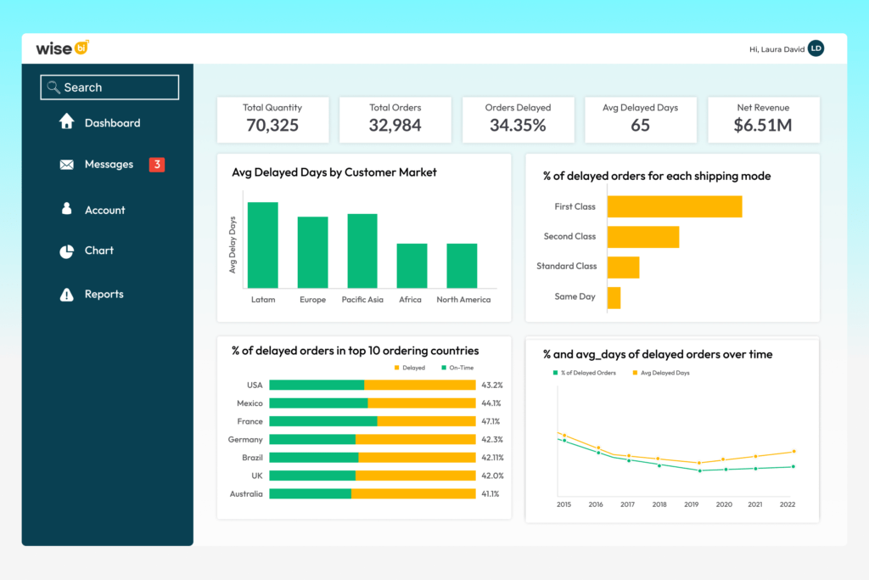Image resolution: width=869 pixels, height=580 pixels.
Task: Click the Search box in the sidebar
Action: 109,87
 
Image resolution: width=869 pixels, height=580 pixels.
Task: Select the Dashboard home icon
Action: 67,122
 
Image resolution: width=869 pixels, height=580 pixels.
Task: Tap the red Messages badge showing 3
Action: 156,165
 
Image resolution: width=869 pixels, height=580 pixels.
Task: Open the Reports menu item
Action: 104,295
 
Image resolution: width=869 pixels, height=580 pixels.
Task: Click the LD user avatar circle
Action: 816,49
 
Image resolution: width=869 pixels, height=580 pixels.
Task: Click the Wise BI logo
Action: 62,48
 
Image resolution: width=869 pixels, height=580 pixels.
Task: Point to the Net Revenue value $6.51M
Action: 762,126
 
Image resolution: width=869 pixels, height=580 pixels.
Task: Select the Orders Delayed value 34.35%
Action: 518,126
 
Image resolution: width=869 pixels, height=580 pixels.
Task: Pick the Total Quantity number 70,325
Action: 272,126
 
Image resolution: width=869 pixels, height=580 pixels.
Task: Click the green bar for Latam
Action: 262,245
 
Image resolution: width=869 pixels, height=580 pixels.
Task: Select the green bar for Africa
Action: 412,266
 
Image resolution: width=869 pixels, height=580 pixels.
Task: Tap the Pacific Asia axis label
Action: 362,300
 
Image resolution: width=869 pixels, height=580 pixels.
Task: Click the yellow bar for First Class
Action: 675,206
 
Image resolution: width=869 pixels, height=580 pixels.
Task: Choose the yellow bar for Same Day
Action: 614,297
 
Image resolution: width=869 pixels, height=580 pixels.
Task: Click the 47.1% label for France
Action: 491,421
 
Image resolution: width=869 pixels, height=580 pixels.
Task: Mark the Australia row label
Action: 246,494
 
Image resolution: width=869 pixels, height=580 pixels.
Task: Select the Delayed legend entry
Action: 410,368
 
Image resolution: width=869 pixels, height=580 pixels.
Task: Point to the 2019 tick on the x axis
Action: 692,504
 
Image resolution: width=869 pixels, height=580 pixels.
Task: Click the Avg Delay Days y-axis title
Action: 233,245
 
